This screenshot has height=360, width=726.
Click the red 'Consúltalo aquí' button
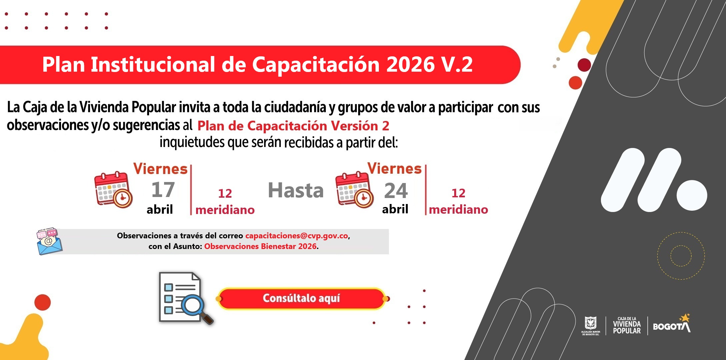tap(301, 298)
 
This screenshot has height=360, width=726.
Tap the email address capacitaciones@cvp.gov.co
tap(297, 236)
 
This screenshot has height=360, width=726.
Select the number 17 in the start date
tap(163, 190)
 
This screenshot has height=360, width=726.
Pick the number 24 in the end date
tap(396, 191)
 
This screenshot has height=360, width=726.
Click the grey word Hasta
tap(296, 190)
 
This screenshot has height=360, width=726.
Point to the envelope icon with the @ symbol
tap(49, 242)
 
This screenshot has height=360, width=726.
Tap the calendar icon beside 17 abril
tap(113, 190)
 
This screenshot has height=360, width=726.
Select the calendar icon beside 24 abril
tap(354, 190)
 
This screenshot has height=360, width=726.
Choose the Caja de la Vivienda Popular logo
tap(627, 326)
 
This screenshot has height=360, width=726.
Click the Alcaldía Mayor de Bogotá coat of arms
tap(591, 325)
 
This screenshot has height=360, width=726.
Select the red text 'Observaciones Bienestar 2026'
tap(260, 246)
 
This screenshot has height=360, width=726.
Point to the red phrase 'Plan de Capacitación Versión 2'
tap(293, 126)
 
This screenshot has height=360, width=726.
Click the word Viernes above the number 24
tap(395, 169)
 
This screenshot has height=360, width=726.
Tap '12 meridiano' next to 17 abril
tap(225, 202)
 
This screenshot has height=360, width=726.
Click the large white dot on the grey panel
tap(692, 196)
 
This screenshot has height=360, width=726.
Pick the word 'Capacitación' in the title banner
tap(316, 64)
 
